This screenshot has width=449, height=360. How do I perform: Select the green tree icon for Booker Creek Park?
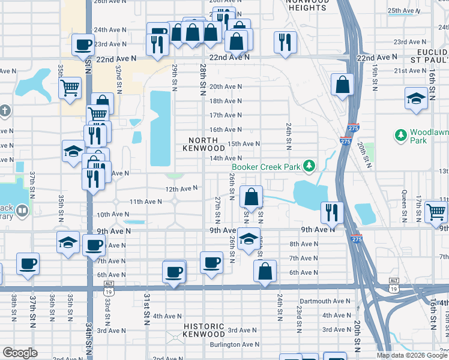pyautogui.click(x=309, y=165)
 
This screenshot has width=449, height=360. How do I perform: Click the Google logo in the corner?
pyautogui.click(x=20, y=353)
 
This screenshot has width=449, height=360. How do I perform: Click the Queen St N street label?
pyautogui.click(x=404, y=206)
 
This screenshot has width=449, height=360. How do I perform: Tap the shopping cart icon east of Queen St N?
pyautogui.click(x=436, y=211)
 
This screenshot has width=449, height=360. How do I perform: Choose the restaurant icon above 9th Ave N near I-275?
pyautogui.click(x=331, y=211)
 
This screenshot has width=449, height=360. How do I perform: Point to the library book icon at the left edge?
pyautogui.click(x=22, y=211)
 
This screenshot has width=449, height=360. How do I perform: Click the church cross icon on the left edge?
pyautogui.click(x=4, y=111)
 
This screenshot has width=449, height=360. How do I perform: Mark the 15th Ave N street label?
pyautogui.click(x=244, y=144)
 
